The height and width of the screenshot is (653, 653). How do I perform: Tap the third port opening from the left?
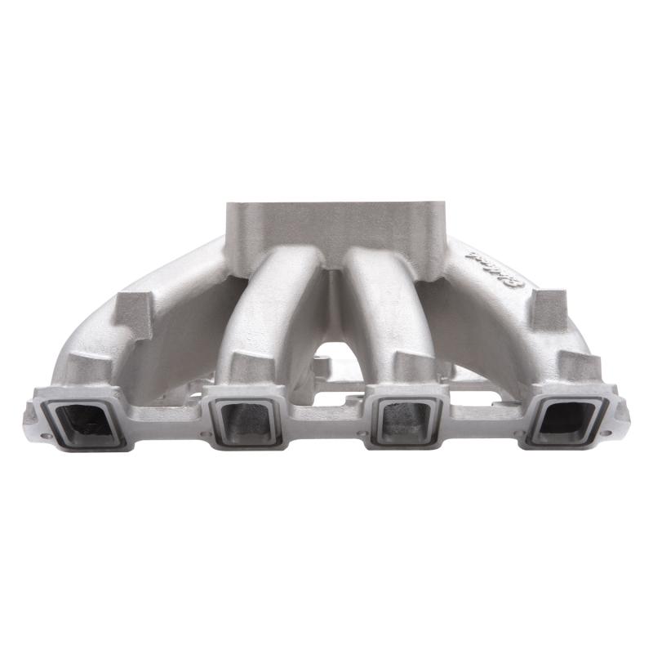406,423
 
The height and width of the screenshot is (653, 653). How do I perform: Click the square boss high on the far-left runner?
132,314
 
